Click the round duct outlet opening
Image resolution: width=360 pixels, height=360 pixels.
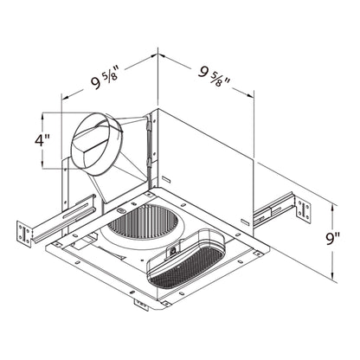97,138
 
